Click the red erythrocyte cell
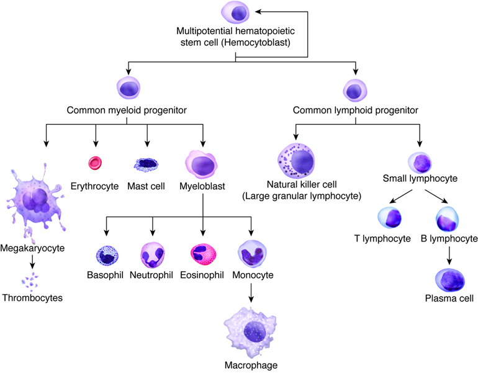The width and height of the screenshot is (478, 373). (x=95, y=163)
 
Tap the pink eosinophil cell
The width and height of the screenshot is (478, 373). (x=202, y=255)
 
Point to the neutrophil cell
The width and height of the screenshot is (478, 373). (x=152, y=255)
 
